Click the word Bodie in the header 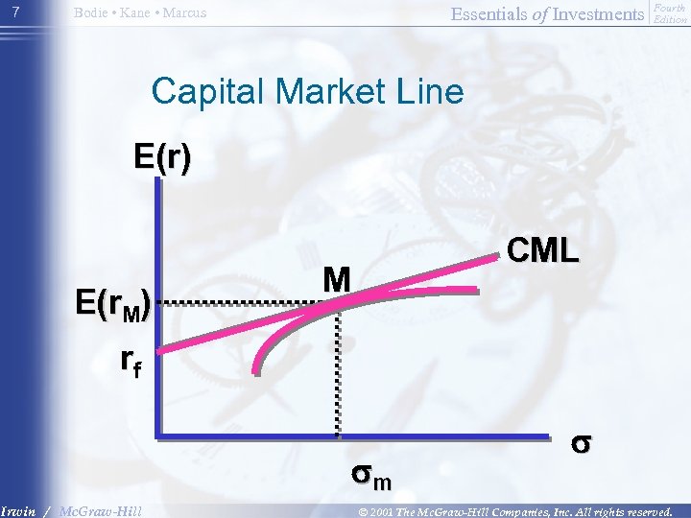tap(93, 13)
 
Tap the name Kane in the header tap(140, 13)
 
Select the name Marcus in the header tap(187, 13)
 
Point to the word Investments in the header tap(601, 13)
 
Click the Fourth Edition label tap(669, 13)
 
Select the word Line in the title tap(435, 91)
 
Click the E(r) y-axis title tap(162, 156)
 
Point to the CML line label tap(542, 250)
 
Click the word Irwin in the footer tap(18, 510)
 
